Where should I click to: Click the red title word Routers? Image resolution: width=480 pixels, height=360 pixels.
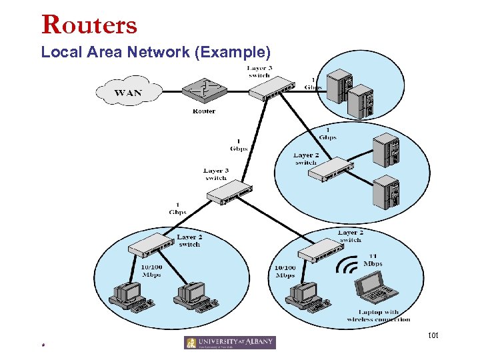89,25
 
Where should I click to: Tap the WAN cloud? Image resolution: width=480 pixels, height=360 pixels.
128,92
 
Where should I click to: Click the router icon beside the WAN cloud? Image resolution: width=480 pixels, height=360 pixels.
204,90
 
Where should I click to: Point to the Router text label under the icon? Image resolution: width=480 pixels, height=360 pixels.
204,111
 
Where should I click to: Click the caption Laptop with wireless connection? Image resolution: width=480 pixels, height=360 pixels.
379,315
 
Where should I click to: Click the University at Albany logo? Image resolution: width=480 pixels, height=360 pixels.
229,343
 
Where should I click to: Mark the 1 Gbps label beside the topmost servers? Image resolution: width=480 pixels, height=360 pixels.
313,83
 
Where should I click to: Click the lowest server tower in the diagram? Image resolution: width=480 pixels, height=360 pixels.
387,194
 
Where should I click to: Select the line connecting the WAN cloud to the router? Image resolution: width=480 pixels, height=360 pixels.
172,91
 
